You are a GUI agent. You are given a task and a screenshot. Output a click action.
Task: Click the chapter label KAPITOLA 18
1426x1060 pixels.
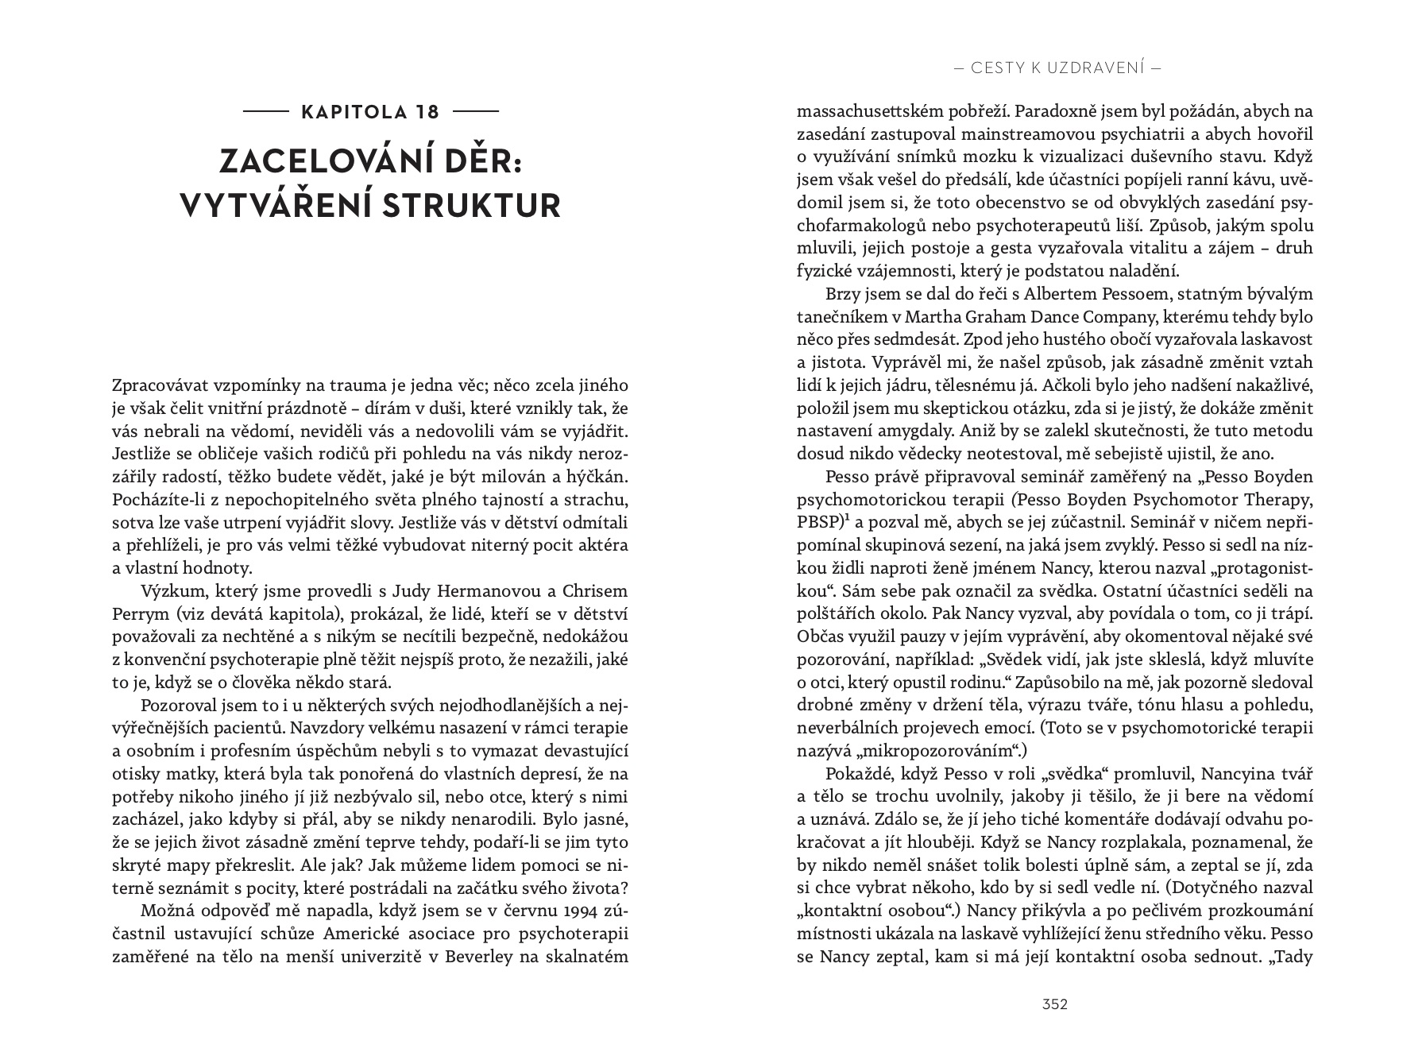(370, 111)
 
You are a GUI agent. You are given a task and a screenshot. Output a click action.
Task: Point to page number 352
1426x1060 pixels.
(1054, 1004)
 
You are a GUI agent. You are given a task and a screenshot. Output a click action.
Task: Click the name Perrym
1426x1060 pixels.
(141, 614)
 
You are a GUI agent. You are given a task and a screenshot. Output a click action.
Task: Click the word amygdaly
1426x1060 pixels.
(915, 431)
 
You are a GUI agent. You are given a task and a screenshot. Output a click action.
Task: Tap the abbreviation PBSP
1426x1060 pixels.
(818, 522)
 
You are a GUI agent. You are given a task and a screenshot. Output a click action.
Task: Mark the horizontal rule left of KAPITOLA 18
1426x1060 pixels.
(265, 112)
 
